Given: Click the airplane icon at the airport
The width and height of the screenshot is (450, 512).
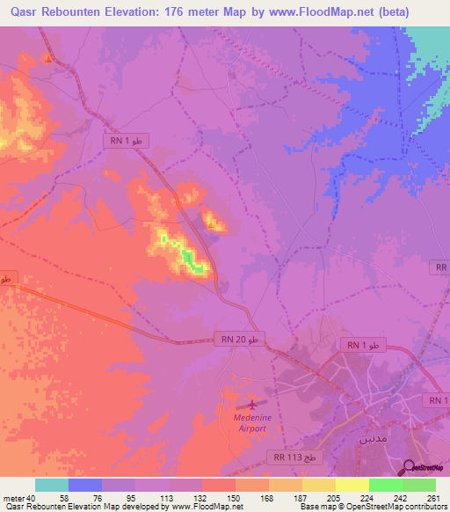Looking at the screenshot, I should (x=253, y=405).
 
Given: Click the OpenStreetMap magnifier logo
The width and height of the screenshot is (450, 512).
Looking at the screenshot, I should (x=409, y=467).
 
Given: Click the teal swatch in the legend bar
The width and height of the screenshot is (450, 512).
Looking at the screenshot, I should (x=52, y=485).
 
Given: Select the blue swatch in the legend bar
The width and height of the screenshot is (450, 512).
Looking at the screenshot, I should (x=85, y=485).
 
